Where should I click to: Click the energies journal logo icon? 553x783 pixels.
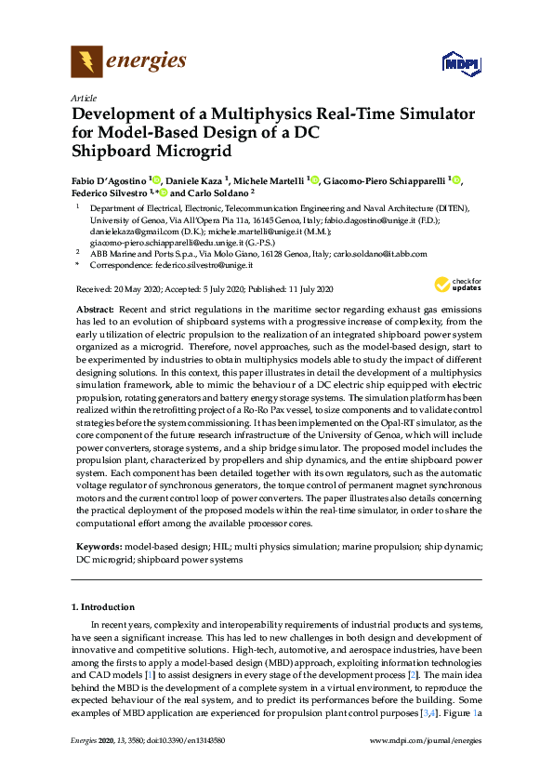coord(86,62)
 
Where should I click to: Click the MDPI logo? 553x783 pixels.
coord(462,63)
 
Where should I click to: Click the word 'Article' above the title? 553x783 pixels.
coord(83,97)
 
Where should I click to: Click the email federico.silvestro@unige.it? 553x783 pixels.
coord(219,265)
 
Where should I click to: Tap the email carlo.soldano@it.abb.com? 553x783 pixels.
coord(380,253)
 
